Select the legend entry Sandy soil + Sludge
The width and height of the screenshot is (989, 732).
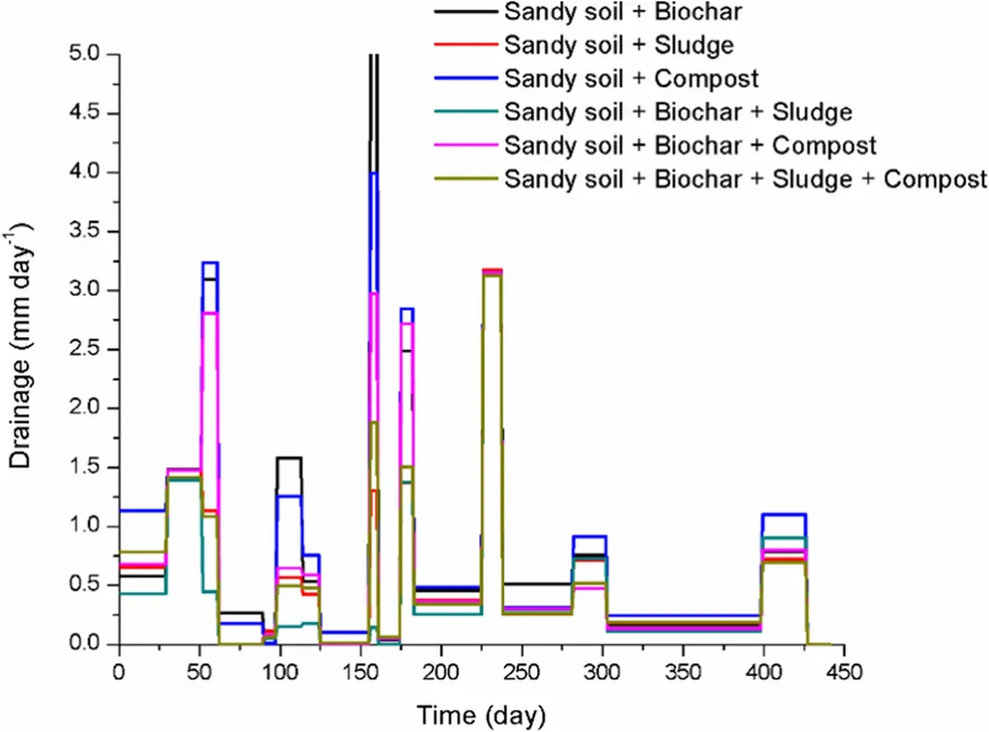[618, 45]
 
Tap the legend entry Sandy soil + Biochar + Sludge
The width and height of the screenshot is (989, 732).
[678, 112]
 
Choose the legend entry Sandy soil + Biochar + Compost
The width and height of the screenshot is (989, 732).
[691, 146]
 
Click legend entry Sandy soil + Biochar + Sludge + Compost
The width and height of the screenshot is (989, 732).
[746, 179]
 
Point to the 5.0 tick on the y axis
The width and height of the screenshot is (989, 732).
[88, 54]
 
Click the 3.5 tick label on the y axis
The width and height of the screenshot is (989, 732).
[88, 231]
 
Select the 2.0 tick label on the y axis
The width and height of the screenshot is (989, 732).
[88, 408]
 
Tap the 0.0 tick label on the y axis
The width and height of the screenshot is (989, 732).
[88, 644]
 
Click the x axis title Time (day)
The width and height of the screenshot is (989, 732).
[481, 716]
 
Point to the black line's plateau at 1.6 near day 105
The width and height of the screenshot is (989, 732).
[290, 458]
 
